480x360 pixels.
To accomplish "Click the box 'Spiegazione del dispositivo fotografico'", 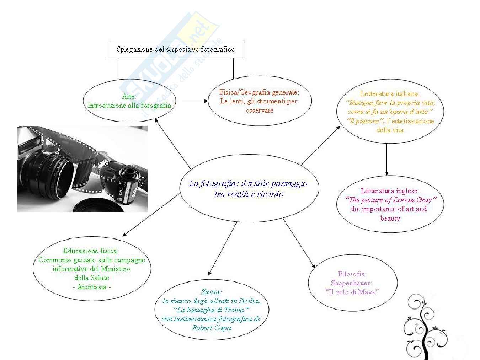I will [x=176, y=49].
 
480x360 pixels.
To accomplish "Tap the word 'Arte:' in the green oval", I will [x=129, y=96].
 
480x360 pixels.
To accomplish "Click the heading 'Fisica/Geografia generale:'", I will [x=259, y=92].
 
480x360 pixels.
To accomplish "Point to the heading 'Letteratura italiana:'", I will [x=390, y=93].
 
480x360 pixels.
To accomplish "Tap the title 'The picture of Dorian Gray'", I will [x=390, y=200].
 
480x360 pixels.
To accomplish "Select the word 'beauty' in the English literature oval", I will [x=390, y=218].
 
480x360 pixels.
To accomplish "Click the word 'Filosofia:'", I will [x=352, y=274].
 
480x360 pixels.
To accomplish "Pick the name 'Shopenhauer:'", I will [x=351, y=283].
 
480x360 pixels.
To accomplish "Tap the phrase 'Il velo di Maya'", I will [x=352, y=292].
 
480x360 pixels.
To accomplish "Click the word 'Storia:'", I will [x=212, y=292].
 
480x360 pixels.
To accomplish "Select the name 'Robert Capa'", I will [x=212, y=328].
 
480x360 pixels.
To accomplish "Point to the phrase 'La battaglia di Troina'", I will [x=211, y=310].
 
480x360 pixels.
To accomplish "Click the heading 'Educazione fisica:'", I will [x=91, y=251].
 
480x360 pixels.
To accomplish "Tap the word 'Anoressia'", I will [x=92, y=287].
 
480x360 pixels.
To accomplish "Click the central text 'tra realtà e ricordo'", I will [x=249, y=194].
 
